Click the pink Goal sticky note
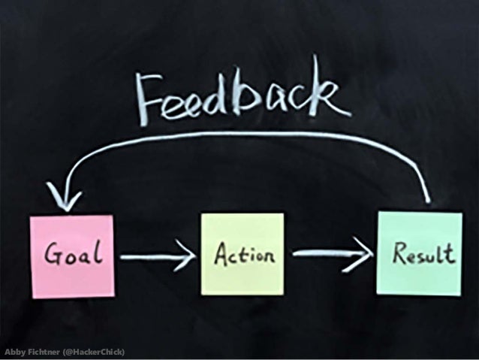[x=71, y=256]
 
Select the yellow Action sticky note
[x=242, y=254]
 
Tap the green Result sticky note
[x=420, y=253]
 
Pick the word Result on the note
[x=423, y=254]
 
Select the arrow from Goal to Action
[x=157, y=259]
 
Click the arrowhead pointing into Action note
[x=187, y=259]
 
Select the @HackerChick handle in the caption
[x=93, y=352]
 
